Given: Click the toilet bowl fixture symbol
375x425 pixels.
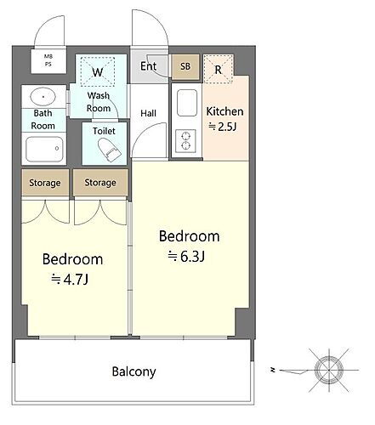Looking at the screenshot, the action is (x=110, y=150).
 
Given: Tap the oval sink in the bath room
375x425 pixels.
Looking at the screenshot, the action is (x=43, y=96).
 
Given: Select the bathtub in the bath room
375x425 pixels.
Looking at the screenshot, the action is (x=44, y=149).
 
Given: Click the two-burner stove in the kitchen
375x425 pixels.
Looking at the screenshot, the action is (x=185, y=141).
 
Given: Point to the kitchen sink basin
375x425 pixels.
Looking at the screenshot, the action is (x=187, y=103).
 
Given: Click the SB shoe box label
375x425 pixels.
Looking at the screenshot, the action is (x=185, y=66).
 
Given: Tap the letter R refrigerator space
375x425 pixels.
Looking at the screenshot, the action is (x=218, y=70).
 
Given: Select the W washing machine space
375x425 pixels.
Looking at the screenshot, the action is (x=98, y=71).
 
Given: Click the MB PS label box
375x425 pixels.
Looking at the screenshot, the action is (x=48, y=61).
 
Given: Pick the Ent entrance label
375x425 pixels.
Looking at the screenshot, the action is (x=148, y=66).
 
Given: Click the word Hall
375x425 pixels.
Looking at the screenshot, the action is (x=148, y=113).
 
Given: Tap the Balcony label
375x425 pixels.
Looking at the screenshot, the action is (x=134, y=371).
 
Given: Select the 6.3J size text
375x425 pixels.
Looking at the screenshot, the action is (x=186, y=257).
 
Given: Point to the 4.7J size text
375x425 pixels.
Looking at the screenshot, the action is (x=70, y=280).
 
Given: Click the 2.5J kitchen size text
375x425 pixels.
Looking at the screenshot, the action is (x=223, y=126).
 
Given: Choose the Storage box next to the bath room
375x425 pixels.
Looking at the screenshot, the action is (x=45, y=183).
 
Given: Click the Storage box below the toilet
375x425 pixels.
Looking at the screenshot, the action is (x=100, y=183).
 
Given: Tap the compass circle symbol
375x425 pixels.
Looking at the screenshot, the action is (x=329, y=370).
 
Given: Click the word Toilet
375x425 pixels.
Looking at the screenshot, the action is (x=104, y=131).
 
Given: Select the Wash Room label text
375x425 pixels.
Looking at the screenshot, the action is (x=99, y=102).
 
